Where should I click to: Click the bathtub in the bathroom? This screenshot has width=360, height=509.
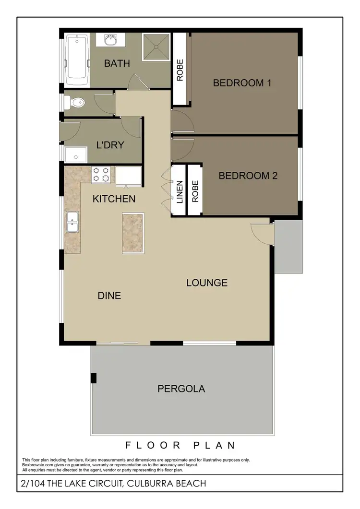pos(77,59)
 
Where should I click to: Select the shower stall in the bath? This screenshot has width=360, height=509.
pos(156,47)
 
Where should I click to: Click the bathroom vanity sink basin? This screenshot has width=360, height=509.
pos(111,40)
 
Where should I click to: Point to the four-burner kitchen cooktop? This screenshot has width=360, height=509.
pos(102,174)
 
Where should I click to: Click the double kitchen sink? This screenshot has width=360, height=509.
pos(72,222)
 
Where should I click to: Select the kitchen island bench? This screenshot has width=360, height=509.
pos(133,233)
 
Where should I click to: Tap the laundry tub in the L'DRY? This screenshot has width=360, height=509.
pos(76,154)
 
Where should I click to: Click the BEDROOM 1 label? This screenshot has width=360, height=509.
pos(242,83)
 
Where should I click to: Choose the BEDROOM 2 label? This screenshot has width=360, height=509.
pos(248,176)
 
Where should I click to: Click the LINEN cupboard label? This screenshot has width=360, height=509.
pos(179,191)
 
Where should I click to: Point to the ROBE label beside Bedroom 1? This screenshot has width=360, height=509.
pos(180,70)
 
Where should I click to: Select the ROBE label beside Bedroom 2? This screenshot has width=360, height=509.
pos(195,191)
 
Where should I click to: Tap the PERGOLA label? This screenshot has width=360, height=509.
pos(181,389)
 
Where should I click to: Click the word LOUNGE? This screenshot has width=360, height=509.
pos(206,283)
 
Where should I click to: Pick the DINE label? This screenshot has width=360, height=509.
pos(109,296)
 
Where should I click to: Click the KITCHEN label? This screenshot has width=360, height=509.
pos(114,199)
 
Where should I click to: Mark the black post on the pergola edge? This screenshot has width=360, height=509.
pos(94,378)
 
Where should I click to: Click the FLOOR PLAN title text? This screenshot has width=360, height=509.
pos(180,445)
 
